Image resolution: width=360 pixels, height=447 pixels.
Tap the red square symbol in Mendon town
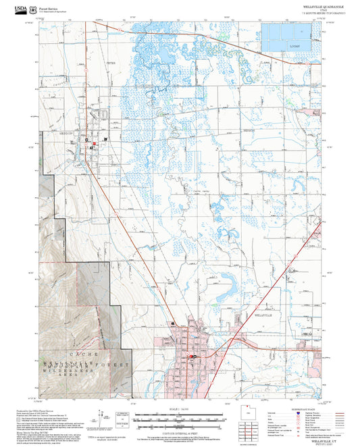point(95,144)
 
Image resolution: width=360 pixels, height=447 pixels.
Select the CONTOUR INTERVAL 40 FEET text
point(179,430)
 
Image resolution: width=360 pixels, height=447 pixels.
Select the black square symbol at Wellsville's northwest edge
point(174,323)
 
